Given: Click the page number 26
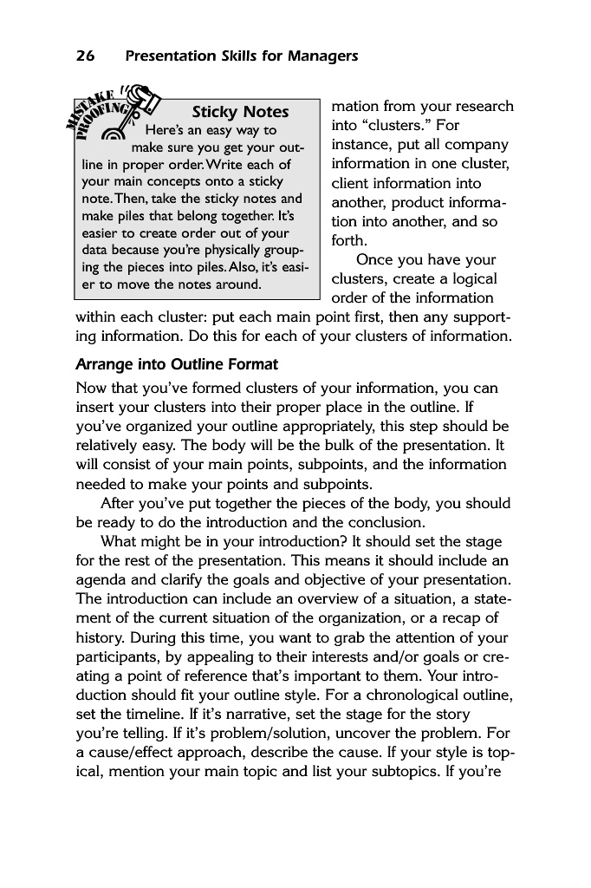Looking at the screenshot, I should (x=85, y=56).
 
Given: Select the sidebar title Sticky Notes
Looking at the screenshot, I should (x=240, y=112).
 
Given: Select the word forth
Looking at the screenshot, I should (x=349, y=241).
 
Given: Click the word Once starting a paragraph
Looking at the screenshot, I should (x=377, y=260).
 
